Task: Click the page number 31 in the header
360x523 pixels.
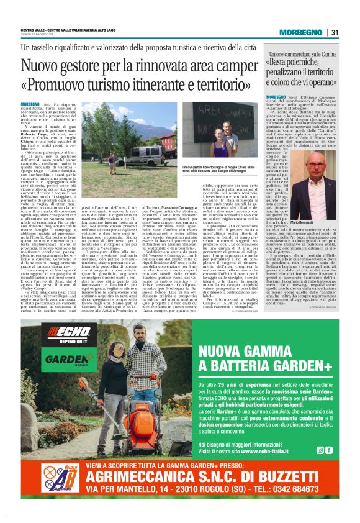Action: (x=335, y=33)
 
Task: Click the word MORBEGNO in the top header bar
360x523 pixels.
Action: (x=301, y=33)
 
